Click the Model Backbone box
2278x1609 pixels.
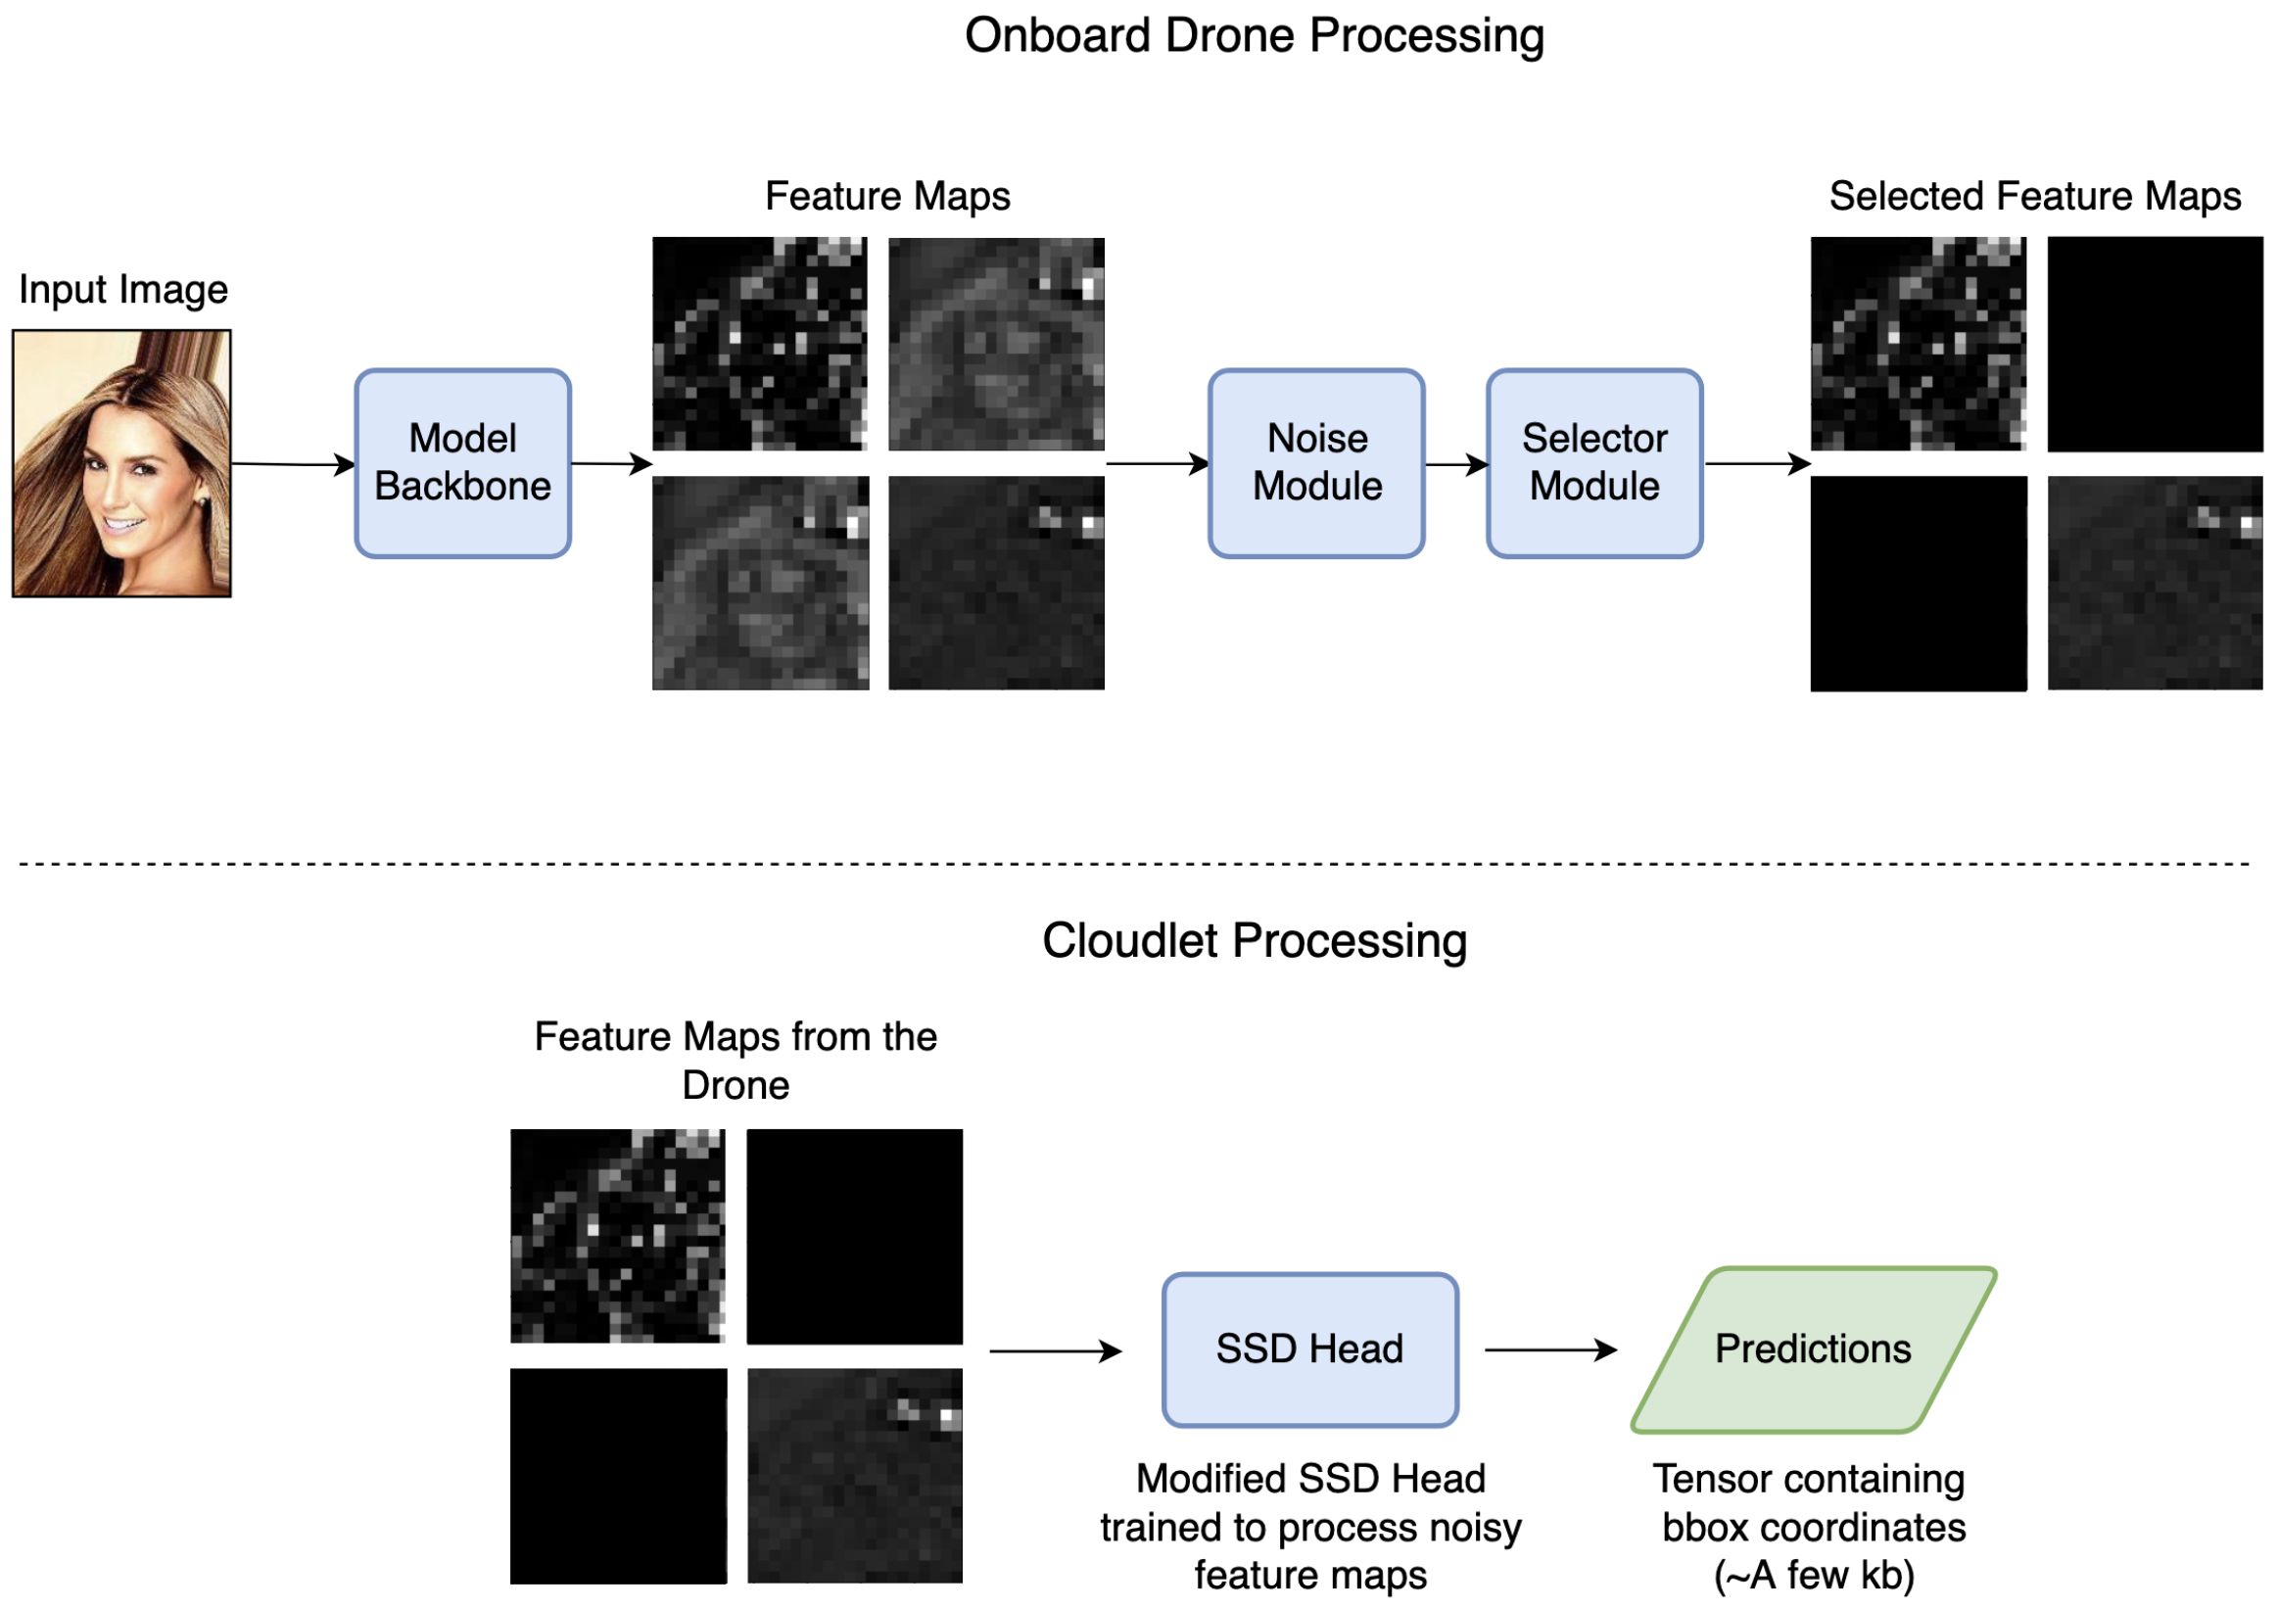[462, 463]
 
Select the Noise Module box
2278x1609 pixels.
[1316, 463]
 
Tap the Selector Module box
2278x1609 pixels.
[1594, 463]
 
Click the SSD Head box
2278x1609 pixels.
[1309, 1349]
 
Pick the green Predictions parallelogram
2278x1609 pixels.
[1814, 1349]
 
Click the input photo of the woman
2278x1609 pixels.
[122, 463]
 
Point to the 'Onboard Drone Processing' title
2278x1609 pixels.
[1255, 35]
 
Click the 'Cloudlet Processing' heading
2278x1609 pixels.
[1255, 940]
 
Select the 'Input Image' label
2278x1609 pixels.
[123, 290]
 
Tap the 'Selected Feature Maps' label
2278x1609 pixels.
[2035, 197]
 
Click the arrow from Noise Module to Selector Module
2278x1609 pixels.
[1456, 464]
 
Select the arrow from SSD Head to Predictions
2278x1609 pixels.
[1549, 1349]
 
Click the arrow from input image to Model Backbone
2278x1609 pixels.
[293, 464]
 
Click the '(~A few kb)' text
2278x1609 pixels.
[1814, 1576]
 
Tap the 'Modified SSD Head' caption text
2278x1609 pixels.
[1309, 1478]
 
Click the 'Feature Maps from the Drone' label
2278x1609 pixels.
[736, 1061]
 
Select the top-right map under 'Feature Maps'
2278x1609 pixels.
[996, 344]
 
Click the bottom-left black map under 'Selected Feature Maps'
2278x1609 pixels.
[1918, 584]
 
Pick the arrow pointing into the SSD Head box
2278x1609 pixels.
[1056, 1350]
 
